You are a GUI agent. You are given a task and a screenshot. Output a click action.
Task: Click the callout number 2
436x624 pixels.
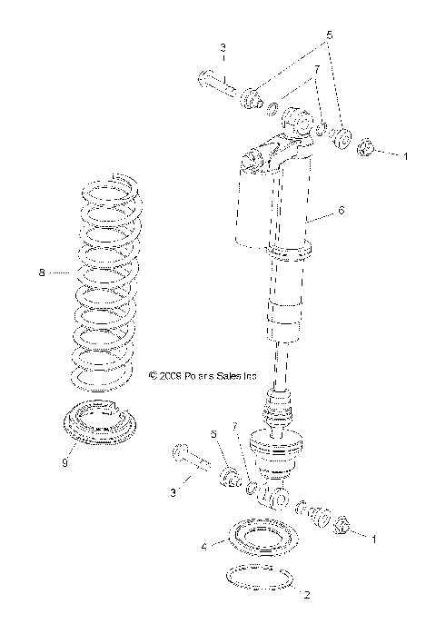pyautogui.click(x=307, y=596)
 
